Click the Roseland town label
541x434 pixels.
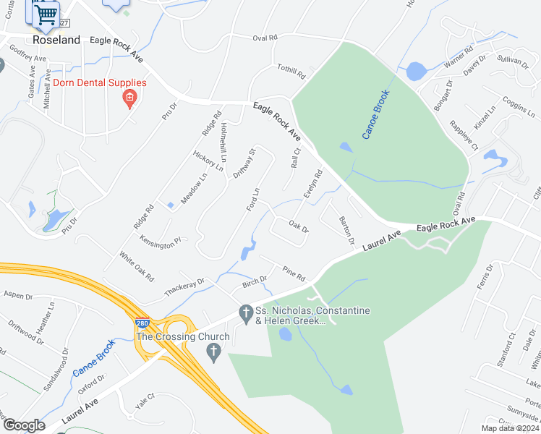pyautogui.click(x=56, y=41)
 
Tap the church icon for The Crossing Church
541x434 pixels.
pyautogui.click(x=213, y=353)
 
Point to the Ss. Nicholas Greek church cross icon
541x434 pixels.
pyautogui.click(x=245, y=314)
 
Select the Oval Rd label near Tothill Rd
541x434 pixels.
pyautogui.click(x=265, y=38)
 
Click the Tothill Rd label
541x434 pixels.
pyautogui.click(x=291, y=71)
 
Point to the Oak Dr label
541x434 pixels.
pyautogui.click(x=299, y=228)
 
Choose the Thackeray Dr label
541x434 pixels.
pyautogui.click(x=184, y=285)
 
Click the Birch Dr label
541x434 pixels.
pyautogui.click(x=255, y=281)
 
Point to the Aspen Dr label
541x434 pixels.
pyautogui.click(x=18, y=296)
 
